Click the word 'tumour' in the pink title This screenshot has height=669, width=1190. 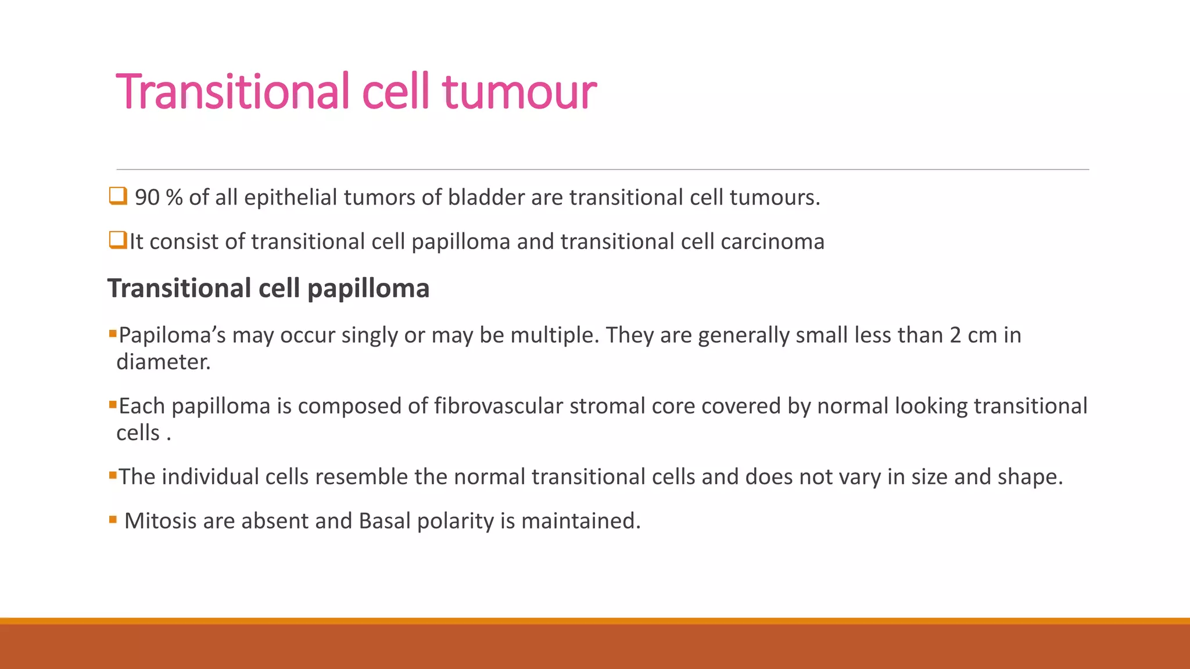pos(519,92)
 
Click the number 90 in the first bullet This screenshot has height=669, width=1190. pos(147,197)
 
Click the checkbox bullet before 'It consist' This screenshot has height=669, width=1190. pos(117,239)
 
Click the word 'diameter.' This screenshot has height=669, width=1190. pos(163,362)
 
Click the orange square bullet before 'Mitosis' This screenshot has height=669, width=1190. pos(113,520)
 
